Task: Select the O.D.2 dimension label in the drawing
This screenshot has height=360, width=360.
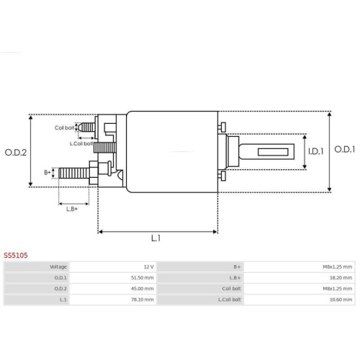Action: point(15,152)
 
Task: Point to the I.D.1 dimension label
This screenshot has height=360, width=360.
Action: point(316,151)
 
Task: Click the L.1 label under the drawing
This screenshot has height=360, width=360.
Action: point(156,238)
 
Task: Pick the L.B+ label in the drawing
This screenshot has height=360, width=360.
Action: point(72,209)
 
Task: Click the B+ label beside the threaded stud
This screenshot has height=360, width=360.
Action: point(48,173)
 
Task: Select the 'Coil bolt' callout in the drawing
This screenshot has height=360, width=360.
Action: point(64,127)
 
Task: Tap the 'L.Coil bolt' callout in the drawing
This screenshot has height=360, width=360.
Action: point(81,143)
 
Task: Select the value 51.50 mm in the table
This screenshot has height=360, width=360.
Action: point(143,277)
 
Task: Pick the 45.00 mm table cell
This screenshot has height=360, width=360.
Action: point(143,288)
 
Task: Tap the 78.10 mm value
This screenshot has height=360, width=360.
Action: point(143,299)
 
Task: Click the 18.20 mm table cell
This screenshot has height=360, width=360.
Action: point(342,277)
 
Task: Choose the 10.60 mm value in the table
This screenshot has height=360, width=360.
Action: point(342,299)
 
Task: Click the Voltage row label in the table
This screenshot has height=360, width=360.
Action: point(58,266)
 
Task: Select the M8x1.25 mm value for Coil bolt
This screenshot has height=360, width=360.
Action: point(338,288)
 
